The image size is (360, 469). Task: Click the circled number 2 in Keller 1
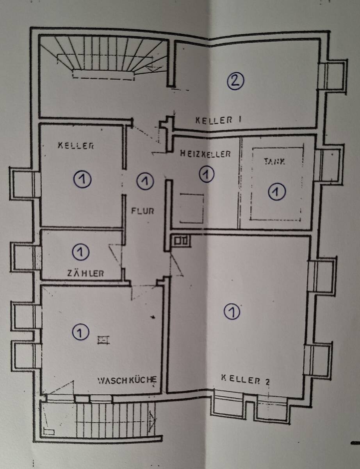coord(235,81)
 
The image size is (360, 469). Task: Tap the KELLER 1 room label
coord(218,120)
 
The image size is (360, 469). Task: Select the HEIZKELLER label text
coord(205,154)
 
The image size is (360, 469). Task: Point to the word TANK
coord(274,162)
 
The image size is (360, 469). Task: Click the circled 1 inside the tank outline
coord(277,192)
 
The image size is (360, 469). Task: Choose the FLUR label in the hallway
coord(143,211)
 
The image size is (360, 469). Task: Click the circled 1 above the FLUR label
coord(145,181)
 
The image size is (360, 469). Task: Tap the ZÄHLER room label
coord(86,274)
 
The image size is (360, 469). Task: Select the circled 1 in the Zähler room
coord(80,252)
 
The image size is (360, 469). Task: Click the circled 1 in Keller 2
coord(232,311)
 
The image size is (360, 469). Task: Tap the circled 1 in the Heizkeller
coord(207,174)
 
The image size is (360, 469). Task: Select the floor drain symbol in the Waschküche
coord(104,340)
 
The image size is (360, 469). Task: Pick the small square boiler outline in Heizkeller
coord(192,208)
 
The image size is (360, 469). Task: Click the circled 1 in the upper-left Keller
coord(82,180)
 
